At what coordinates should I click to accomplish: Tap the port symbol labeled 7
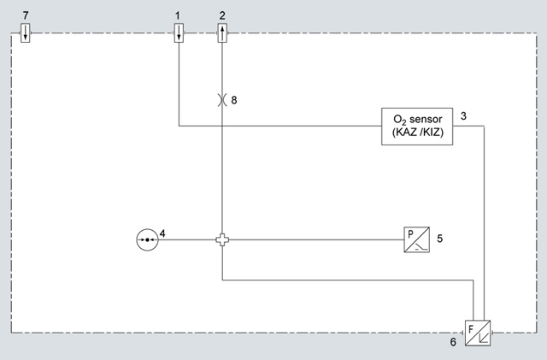(26, 34)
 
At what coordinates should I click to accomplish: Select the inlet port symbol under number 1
(178, 34)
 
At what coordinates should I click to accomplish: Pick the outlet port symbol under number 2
(222, 34)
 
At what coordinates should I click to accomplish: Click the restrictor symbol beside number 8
(222, 100)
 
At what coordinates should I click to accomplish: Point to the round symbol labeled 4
(147, 240)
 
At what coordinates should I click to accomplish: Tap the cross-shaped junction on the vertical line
(222, 240)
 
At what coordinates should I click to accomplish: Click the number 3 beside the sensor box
(462, 115)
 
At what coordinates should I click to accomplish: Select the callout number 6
(454, 342)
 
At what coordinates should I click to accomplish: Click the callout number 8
(234, 100)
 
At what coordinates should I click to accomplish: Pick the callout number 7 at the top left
(26, 15)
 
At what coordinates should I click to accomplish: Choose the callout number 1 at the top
(178, 15)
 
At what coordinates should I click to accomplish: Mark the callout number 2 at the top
(222, 15)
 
